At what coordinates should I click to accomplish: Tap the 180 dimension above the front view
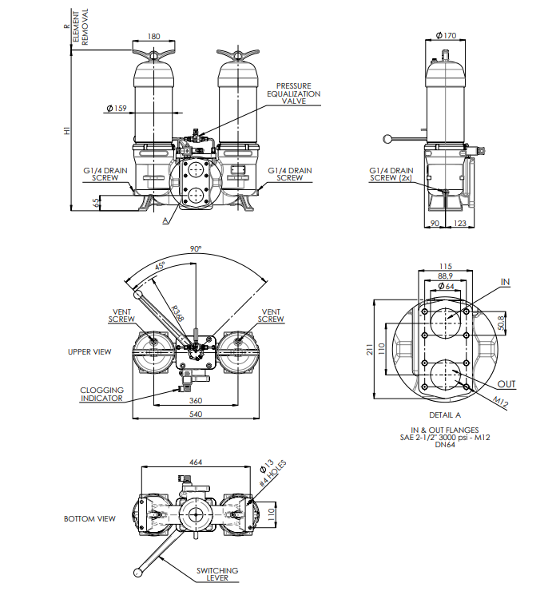point(154,36)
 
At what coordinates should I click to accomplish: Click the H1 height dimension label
point(68,129)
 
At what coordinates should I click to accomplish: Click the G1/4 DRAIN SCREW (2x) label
point(391,174)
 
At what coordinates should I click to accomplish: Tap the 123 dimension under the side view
point(459,224)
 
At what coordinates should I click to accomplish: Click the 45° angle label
point(161,266)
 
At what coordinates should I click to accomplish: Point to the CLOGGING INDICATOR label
point(101,394)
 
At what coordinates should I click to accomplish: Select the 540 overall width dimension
point(195,415)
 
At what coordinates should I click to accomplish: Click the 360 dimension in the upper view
point(195,400)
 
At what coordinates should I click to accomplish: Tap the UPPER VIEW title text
point(89,351)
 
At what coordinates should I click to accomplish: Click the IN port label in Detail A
point(504,282)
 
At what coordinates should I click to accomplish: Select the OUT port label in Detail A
point(506,384)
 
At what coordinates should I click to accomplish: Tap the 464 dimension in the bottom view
point(195,463)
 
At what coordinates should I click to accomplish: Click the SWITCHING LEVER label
point(217,574)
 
